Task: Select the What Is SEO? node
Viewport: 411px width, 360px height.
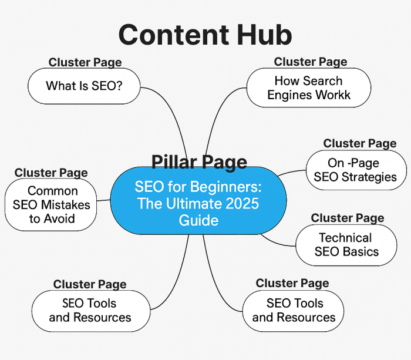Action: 85,86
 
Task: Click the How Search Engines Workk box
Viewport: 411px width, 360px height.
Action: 308,88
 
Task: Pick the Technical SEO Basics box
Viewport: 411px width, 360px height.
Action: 345,245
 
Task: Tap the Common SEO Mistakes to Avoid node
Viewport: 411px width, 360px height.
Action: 52,205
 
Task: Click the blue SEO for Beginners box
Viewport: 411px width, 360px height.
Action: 198,203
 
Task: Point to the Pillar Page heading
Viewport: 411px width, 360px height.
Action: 199,162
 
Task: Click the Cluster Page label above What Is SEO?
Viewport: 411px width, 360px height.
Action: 85,62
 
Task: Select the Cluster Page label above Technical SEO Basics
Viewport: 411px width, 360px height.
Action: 347,218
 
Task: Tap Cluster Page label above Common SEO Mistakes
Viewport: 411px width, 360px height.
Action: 51,173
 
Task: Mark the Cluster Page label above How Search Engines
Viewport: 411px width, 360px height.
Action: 310,62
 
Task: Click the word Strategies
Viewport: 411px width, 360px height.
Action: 372,177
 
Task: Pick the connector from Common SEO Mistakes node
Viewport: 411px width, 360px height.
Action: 104,201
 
